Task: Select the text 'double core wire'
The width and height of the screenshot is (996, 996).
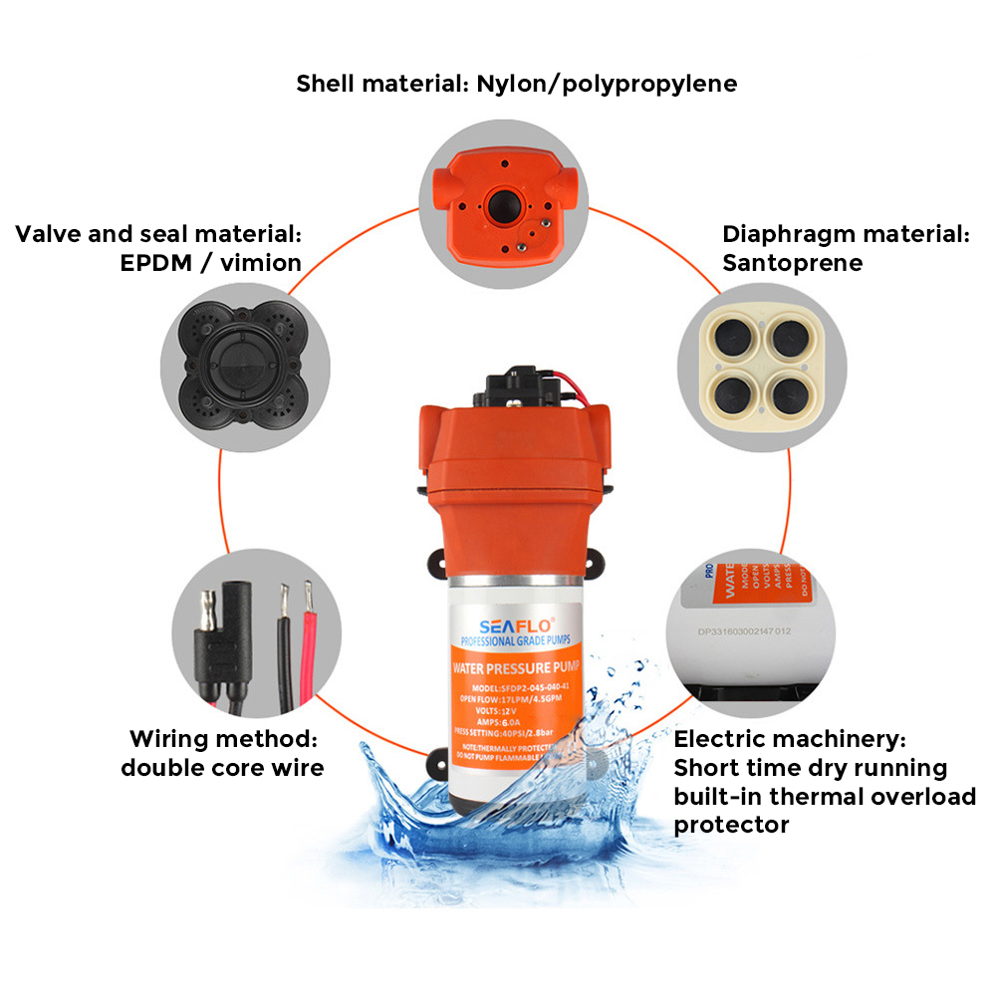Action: [x=222, y=768]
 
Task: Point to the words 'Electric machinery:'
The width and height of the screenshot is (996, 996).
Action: [x=790, y=739]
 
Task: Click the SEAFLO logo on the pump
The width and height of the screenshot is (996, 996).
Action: [x=509, y=625]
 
